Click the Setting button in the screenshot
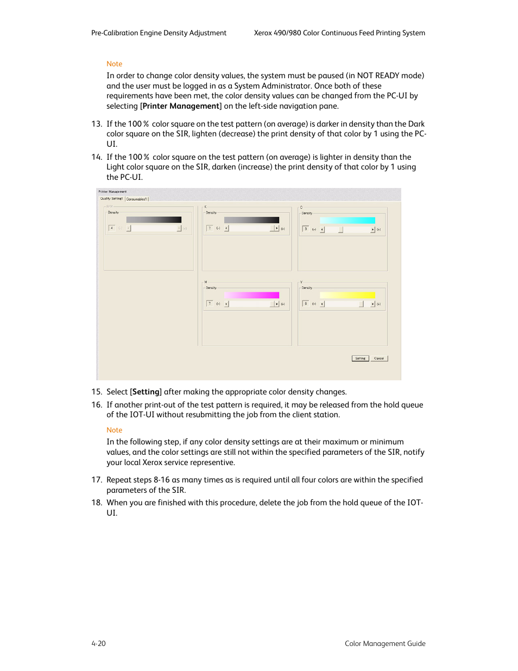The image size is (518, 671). [x=360, y=359]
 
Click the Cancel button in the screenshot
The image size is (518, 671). [x=379, y=359]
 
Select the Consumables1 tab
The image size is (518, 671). [x=137, y=199]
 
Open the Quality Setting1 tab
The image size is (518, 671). [x=112, y=199]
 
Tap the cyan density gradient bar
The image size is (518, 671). [x=348, y=221]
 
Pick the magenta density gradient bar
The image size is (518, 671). [x=251, y=296]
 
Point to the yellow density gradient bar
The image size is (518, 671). [x=348, y=296]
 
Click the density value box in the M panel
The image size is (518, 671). [x=210, y=304]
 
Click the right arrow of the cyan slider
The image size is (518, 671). [x=373, y=229]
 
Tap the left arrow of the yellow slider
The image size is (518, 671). [x=322, y=304]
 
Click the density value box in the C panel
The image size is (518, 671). [x=306, y=229]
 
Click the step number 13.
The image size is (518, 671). [x=97, y=124]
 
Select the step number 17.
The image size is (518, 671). [x=97, y=480]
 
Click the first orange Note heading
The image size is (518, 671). [x=115, y=64]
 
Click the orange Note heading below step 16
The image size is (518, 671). [x=115, y=430]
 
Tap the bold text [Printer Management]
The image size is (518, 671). [x=181, y=106]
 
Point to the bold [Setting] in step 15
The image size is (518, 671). [x=146, y=392]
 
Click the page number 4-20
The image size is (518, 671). [x=98, y=644]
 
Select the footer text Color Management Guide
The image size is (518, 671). [x=385, y=644]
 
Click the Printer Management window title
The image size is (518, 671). [x=112, y=192]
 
